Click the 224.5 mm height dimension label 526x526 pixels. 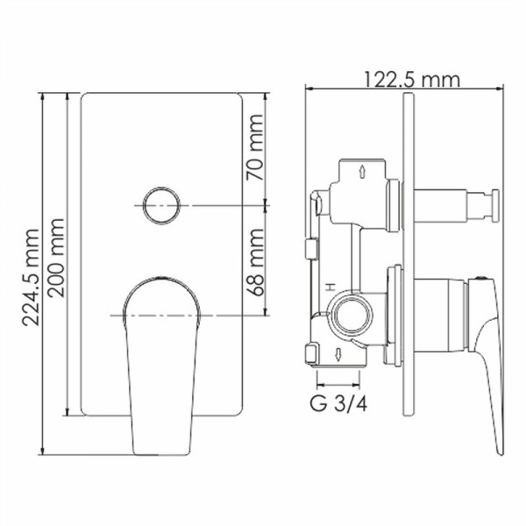point(30,276)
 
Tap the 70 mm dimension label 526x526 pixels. point(255,157)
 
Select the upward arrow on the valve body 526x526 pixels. point(363,170)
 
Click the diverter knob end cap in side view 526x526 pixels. point(494,206)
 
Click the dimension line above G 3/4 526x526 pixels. point(338,384)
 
